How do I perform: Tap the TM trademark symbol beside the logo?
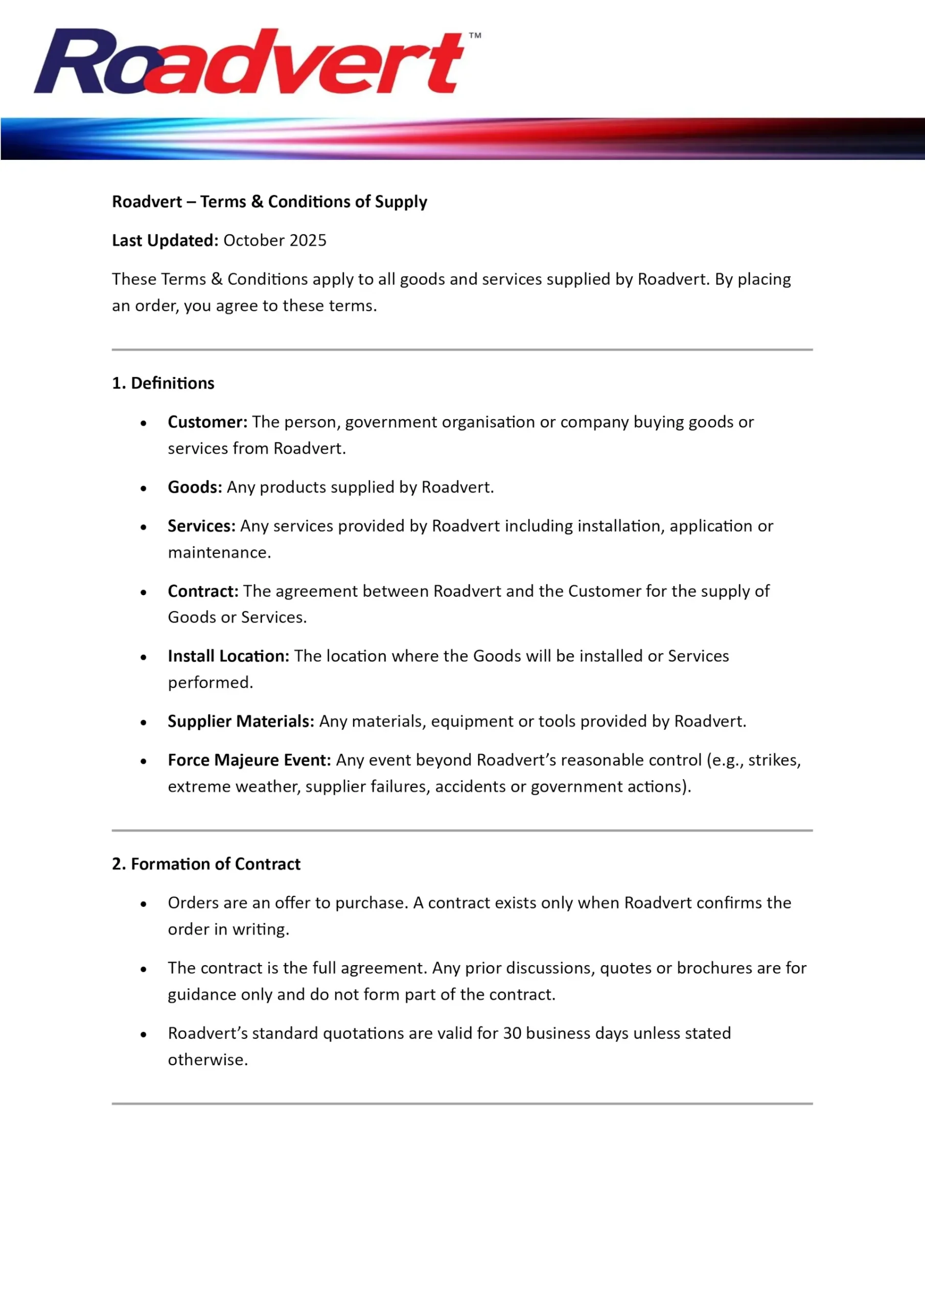(475, 35)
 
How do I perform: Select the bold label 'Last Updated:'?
(165, 241)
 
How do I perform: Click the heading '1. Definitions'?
(163, 383)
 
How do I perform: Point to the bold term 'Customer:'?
(207, 422)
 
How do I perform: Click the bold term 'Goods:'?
(194, 487)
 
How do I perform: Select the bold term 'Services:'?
(201, 526)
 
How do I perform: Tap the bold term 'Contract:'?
(203, 591)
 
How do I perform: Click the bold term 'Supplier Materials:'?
(241, 721)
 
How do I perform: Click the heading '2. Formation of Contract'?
(206, 863)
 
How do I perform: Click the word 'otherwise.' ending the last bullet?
(207, 1060)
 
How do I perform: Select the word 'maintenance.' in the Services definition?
(219, 553)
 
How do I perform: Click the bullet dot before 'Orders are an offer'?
(144, 904)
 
